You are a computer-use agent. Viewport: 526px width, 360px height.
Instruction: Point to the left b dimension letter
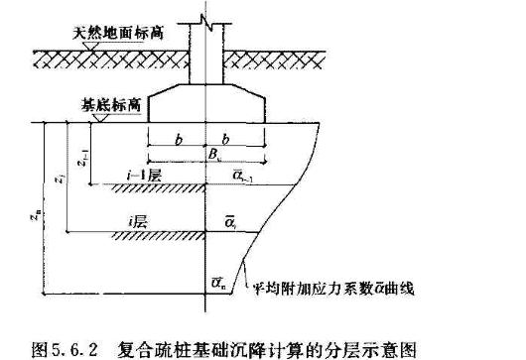click(x=177, y=140)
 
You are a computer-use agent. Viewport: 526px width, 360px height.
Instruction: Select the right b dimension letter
click(x=233, y=140)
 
